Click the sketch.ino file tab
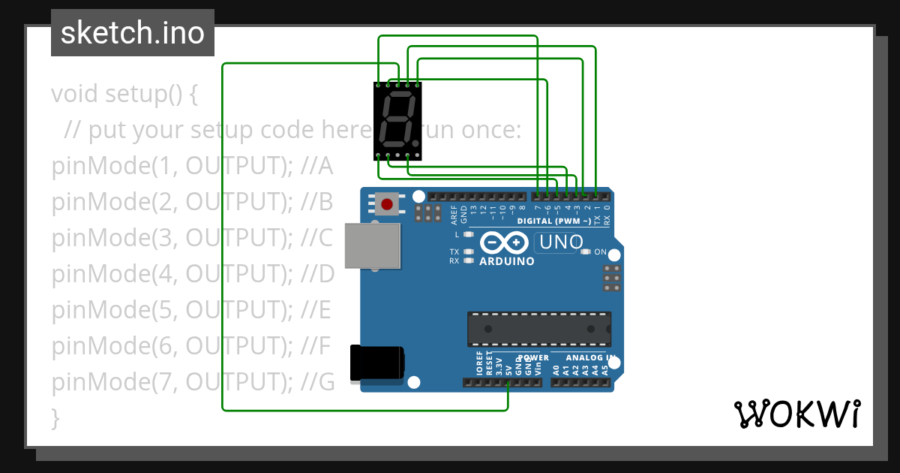tap(133, 33)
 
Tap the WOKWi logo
tap(796, 414)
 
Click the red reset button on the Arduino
tap(387, 203)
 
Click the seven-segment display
tap(397, 121)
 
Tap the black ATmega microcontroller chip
tap(538, 329)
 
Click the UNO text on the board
tap(560, 243)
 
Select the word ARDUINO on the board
tap(506, 261)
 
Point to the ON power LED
tap(586, 252)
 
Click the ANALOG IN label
tap(590, 358)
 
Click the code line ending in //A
tap(192, 166)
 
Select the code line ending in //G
tap(193, 382)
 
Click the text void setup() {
tap(124, 95)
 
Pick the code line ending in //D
tap(193, 274)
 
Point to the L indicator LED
tap(469, 235)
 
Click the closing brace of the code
tap(55, 417)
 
